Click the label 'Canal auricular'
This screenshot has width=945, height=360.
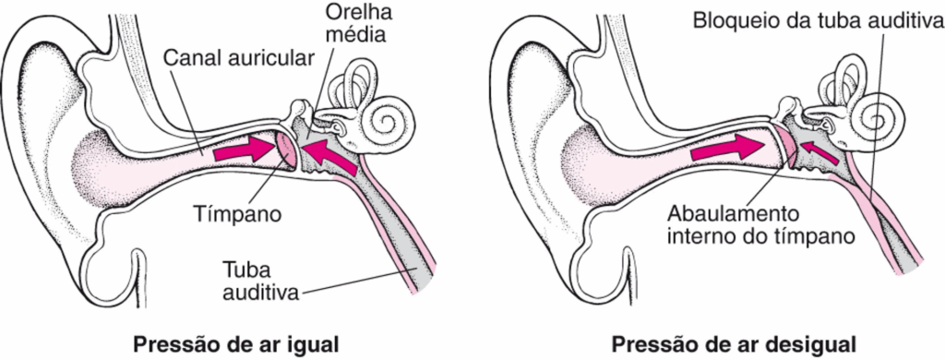239,58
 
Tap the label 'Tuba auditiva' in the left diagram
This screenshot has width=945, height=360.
261,281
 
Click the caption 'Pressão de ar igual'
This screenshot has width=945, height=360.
235,344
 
